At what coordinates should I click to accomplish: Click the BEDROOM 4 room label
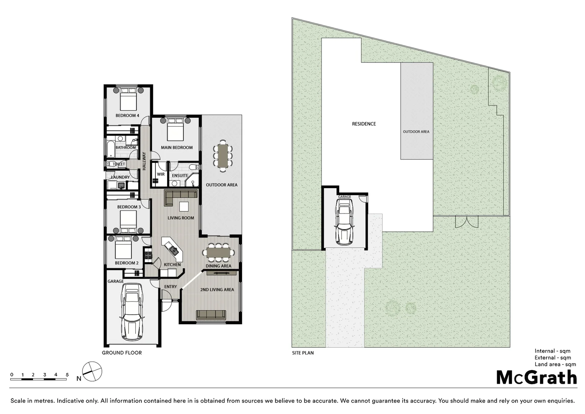[127, 115]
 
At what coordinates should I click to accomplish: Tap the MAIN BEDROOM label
[177, 148]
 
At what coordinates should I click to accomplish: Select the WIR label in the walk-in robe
[161, 174]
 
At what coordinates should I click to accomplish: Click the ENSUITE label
[180, 176]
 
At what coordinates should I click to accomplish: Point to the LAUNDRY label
[120, 177]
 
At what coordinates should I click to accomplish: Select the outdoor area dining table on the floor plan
[223, 155]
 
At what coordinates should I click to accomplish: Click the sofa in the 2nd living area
[210, 315]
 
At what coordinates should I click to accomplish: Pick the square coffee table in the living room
[184, 207]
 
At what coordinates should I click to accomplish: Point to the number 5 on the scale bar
[67, 375]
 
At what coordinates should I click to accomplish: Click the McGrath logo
[536, 377]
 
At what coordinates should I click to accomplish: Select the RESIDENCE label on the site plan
[364, 124]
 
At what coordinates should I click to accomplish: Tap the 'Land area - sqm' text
[555, 365]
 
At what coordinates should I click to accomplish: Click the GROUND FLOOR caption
[122, 353]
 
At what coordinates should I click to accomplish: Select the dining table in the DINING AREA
[219, 252]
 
